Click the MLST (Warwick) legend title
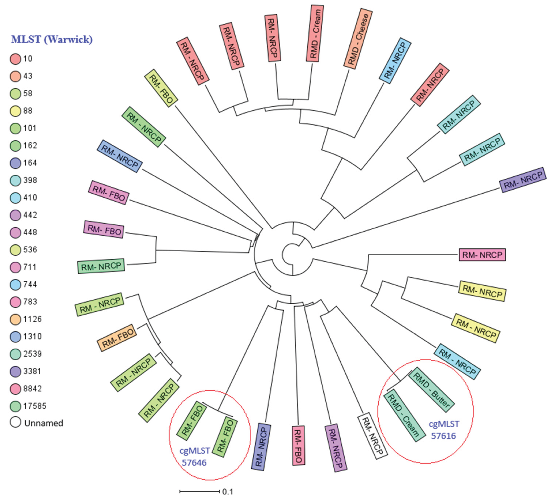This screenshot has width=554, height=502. (x=52, y=39)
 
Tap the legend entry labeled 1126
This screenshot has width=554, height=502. (x=32, y=319)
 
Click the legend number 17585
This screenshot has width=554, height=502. (x=35, y=406)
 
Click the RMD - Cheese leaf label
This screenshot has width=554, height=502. (x=358, y=38)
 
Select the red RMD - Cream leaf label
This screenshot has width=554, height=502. (x=315, y=33)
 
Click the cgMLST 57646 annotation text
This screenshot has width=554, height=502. (x=194, y=457)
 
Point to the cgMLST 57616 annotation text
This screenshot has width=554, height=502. (x=444, y=430)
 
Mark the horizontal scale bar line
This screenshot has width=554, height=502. (x=199, y=491)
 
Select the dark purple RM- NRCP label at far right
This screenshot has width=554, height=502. (x=522, y=180)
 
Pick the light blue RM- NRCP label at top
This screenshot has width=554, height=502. (x=395, y=61)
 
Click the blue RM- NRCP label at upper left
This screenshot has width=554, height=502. (x=120, y=156)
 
